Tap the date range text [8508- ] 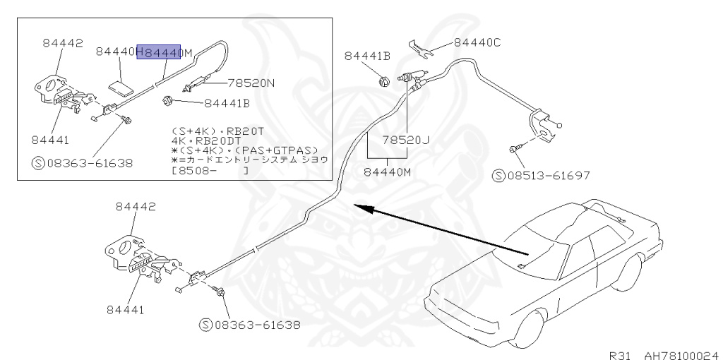(210, 170)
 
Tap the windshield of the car (537, 237)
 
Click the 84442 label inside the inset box (62, 42)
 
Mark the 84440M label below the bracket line (386, 170)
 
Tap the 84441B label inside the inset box (227, 104)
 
